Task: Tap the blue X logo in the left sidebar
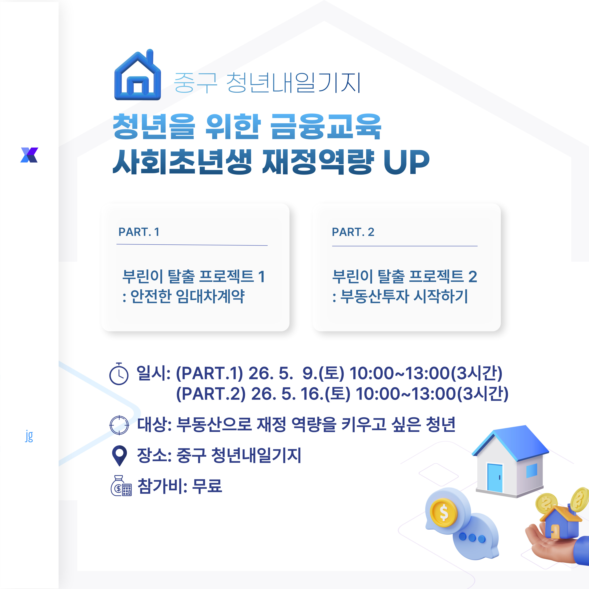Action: pos(29,155)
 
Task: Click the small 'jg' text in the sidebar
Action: pos(29,436)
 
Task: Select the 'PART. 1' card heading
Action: pos(139,232)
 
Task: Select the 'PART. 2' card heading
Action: pos(353,232)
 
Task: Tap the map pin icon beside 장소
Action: pos(119,455)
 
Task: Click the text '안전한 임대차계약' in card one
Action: pos(187,296)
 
